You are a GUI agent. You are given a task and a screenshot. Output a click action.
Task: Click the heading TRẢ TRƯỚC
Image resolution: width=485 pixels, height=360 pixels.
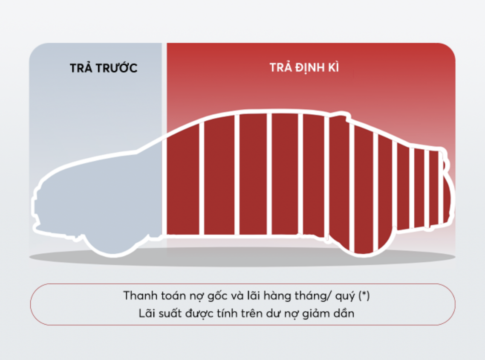[103, 67]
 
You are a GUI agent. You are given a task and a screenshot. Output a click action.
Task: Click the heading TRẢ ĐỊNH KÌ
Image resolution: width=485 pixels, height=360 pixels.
[304, 67]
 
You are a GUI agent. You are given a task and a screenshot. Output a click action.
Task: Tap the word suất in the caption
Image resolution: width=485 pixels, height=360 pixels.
[170, 313]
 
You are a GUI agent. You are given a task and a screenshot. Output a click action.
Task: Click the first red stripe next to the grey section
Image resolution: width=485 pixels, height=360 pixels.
[183, 183]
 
